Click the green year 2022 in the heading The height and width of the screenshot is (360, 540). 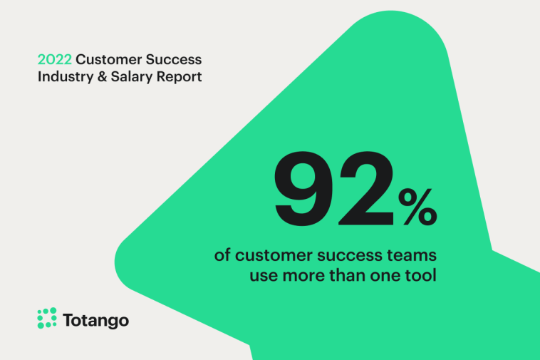click(x=54, y=59)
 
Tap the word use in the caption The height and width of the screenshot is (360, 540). click(x=261, y=274)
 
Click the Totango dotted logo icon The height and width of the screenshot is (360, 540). click(x=46, y=319)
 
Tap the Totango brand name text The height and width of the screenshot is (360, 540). click(x=96, y=320)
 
